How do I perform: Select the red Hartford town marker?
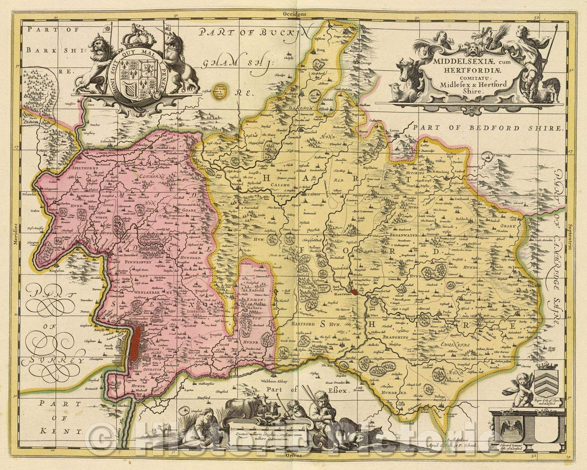coord(355,291)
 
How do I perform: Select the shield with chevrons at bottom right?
coord(545,384)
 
